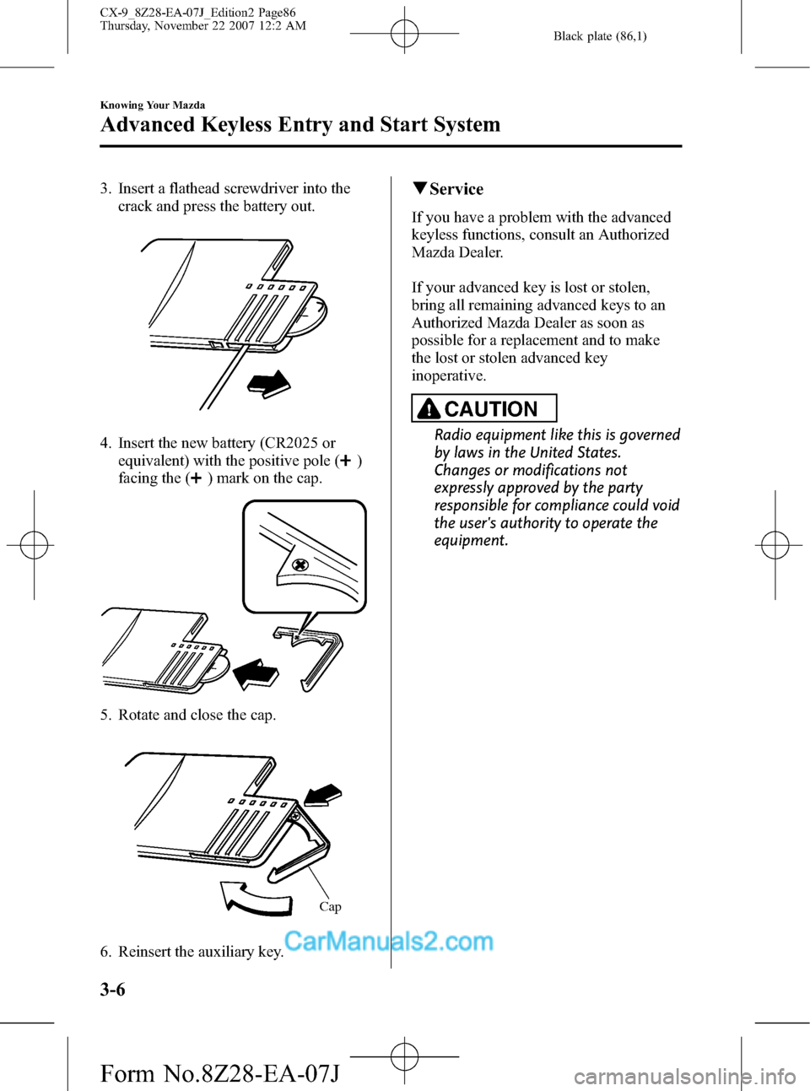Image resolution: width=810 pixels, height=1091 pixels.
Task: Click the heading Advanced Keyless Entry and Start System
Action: point(300,125)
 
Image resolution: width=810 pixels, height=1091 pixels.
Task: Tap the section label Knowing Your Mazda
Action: point(152,105)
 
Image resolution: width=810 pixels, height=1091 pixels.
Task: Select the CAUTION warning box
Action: point(483,408)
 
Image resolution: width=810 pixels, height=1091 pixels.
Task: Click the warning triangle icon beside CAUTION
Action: point(429,409)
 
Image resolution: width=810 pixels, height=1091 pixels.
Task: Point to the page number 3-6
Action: point(112,989)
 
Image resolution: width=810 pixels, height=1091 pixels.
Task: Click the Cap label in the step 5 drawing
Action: point(330,906)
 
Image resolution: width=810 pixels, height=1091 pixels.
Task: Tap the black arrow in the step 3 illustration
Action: point(268,383)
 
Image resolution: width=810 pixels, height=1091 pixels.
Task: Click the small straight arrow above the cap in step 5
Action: point(323,794)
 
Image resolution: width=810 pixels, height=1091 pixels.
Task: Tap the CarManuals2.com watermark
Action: point(388,941)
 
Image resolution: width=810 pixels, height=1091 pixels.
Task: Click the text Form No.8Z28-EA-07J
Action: point(219,1073)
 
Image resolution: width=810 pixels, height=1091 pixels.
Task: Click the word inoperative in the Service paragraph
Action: point(449,375)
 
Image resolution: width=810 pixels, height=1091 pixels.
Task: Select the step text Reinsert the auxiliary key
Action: point(200,952)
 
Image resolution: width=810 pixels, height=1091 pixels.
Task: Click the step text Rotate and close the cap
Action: point(197,715)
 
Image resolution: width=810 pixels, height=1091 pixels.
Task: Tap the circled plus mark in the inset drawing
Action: point(300,564)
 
